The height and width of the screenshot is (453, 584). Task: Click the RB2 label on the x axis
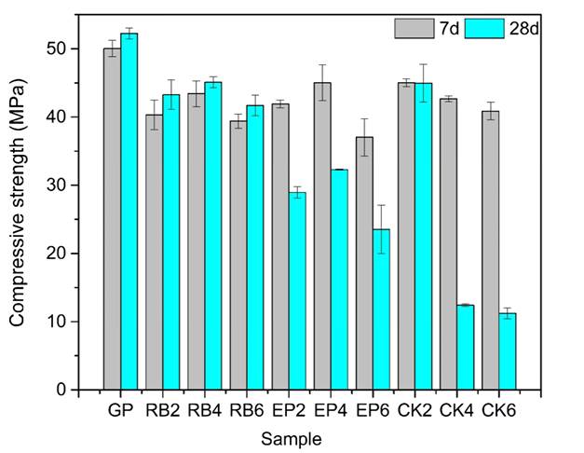click(x=163, y=410)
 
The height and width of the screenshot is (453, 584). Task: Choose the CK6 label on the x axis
click(x=499, y=410)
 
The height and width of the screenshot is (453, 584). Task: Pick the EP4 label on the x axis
click(x=332, y=410)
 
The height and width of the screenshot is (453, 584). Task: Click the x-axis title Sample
click(x=292, y=437)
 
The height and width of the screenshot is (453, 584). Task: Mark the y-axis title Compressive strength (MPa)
click(x=18, y=203)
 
